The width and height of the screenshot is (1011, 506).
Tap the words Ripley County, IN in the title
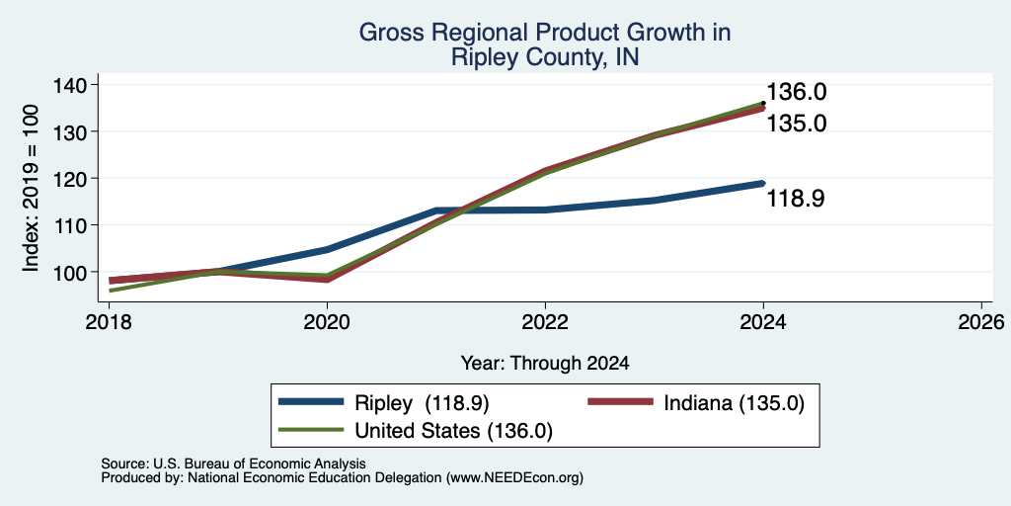(545, 56)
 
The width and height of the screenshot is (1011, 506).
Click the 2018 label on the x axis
(109, 321)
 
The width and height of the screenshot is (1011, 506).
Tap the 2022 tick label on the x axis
(545, 321)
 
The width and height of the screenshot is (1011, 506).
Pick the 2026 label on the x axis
(981, 321)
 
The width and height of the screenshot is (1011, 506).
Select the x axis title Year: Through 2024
(545, 364)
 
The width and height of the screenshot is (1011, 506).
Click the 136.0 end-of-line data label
(797, 92)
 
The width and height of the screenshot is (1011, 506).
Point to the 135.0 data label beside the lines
(797, 124)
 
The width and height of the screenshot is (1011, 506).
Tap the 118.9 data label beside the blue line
(796, 199)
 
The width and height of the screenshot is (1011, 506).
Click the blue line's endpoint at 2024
(763, 183)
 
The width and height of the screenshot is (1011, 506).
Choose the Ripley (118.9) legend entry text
(422, 403)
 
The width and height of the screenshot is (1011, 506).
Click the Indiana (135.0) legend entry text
(735, 403)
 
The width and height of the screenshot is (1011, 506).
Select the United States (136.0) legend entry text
(453, 431)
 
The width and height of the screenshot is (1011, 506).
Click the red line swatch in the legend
(620, 401)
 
